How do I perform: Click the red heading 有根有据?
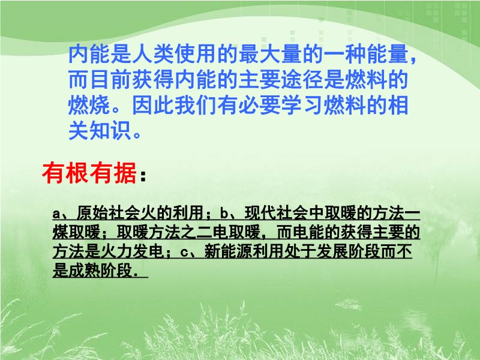tap(89, 173)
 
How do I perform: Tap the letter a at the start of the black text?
tap(56, 214)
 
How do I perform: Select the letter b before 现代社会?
tap(224, 214)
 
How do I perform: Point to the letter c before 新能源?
tap(184, 252)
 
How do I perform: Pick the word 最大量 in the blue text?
tap(271, 54)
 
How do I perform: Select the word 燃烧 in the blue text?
tap(89, 106)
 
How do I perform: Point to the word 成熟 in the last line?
tap(84, 271)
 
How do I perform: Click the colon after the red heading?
tap(143, 176)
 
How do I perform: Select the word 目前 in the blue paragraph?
tap(110, 80)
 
